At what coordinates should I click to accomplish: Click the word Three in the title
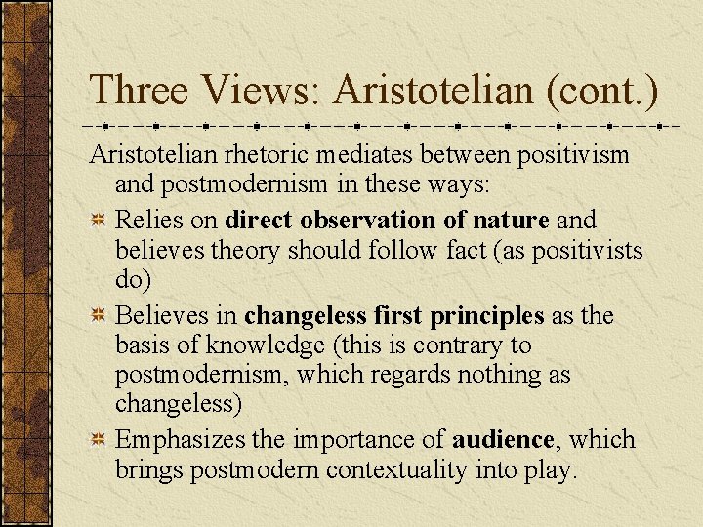(139, 91)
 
